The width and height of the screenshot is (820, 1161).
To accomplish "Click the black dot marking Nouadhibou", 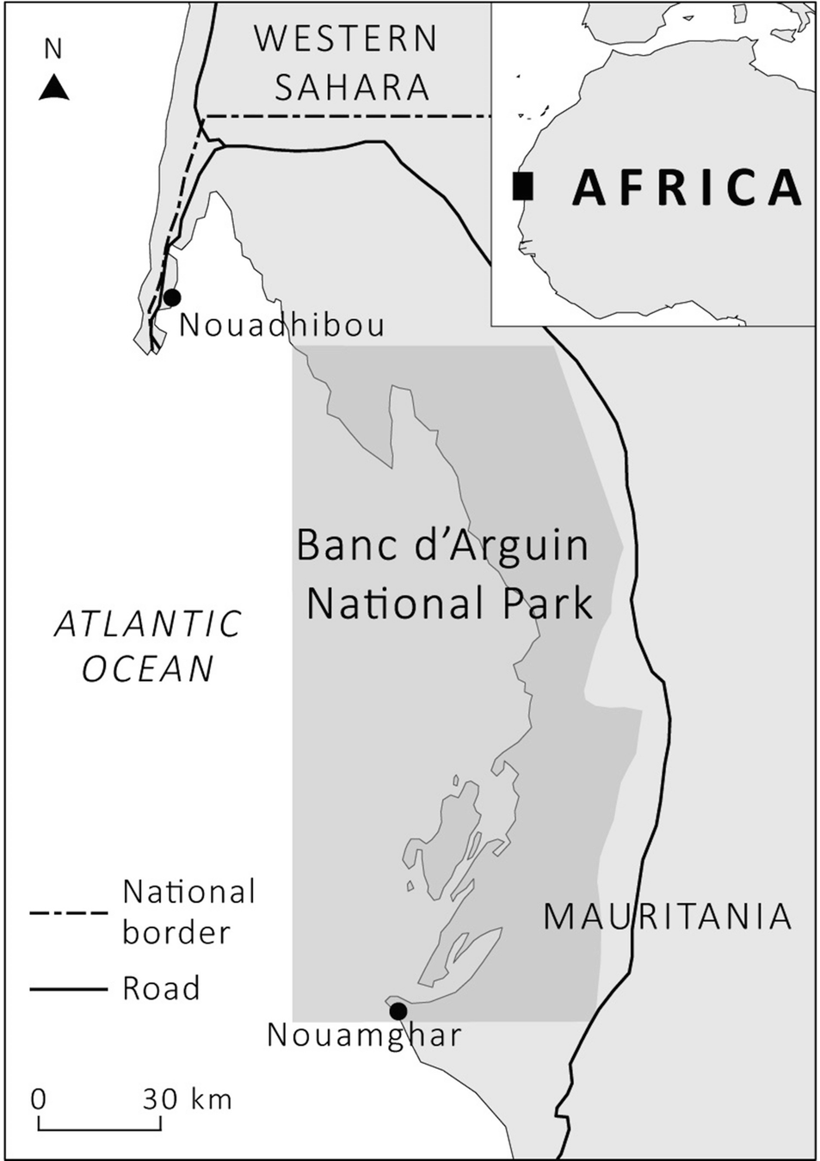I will (172, 298).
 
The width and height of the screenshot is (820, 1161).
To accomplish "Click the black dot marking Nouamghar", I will (398, 1010).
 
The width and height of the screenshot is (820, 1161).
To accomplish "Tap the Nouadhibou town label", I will (282, 325).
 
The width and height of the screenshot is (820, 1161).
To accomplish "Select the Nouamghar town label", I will (364, 1035).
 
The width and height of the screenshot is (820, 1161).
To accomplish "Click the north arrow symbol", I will (53, 87).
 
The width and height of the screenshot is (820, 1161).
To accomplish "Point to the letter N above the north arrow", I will (53, 50).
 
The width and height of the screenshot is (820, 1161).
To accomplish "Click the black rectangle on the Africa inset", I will (522, 186).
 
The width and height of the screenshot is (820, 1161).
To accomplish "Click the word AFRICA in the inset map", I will (687, 187).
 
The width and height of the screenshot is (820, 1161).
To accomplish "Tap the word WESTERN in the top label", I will (346, 40).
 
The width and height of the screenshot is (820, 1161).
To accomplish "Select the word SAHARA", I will (352, 88).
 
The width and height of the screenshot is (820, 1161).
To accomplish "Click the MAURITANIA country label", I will (667, 917).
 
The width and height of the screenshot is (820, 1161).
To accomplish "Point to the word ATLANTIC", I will (148, 624).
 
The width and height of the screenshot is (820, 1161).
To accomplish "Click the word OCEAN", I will (148, 669).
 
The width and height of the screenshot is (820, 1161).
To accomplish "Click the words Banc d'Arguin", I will (442, 545).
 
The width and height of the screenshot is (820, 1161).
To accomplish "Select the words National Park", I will (449, 604).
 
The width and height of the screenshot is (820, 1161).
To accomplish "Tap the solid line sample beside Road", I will (68, 989).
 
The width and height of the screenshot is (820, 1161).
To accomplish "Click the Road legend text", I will (161, 989).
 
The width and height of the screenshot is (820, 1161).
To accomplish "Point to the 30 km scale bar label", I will (187, 1099).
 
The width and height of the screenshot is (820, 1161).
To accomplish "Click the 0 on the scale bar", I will (39, 1100).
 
